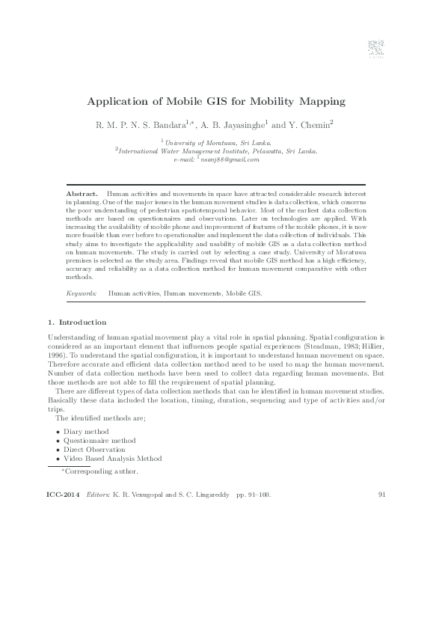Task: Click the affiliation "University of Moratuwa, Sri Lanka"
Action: click(218, 141)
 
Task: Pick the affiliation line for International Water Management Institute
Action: click(218, 150)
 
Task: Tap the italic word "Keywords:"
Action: click(82, 294)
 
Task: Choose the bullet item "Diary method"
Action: click(85, 432)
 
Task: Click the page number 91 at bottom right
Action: click(383, 495)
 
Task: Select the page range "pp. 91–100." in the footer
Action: click(253, 495)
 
